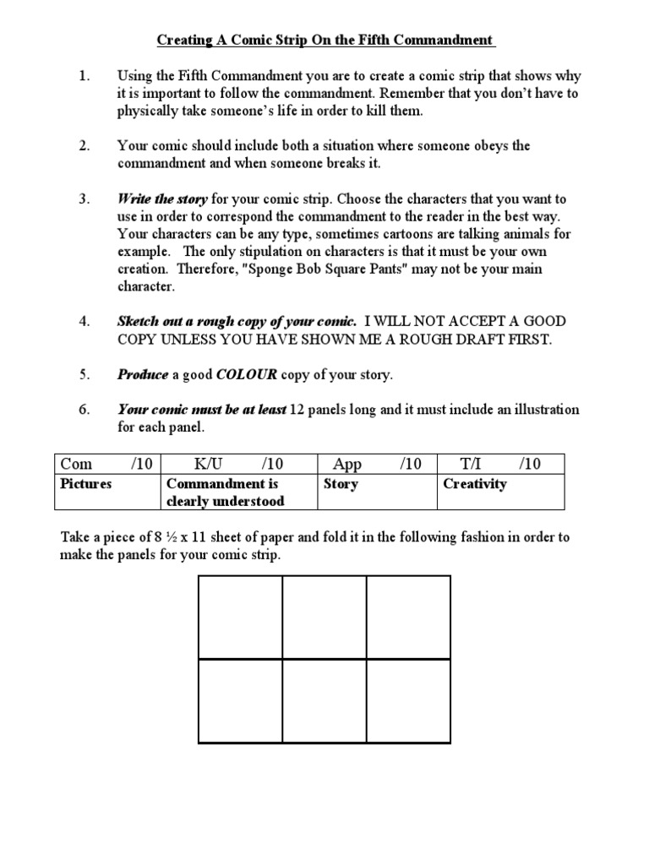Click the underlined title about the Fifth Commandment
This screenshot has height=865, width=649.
[324, 40]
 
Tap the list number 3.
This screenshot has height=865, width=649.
[85, 199]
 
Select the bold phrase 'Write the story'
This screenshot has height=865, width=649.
[163, 199]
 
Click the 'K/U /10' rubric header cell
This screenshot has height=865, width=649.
[238, 464]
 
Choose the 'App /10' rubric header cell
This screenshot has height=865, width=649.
[377, 464]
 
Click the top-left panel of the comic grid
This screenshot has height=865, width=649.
[240, 617]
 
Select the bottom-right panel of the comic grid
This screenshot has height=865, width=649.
[408, 701]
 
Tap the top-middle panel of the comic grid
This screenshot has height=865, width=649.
[324, 617]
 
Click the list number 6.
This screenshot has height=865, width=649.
[85, 410]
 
